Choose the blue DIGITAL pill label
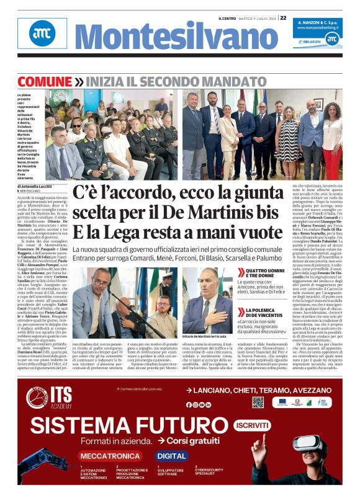click(171, 455)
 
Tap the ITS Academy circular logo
click(37, 397)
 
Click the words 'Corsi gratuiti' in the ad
click(190, 440)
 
